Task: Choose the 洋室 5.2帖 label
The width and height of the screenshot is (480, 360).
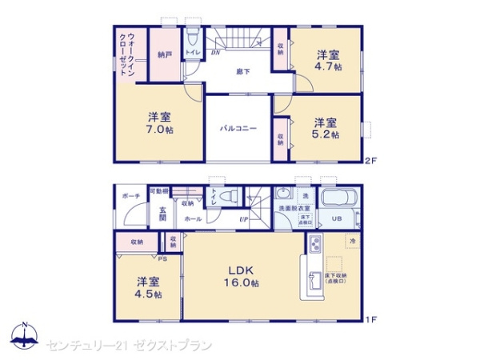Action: tap(326, 128)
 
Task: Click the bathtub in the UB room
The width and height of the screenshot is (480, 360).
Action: tap(340, 199)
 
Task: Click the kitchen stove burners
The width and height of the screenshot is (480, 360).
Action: tap(315, 243)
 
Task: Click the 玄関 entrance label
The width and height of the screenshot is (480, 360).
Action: tap(162, 213)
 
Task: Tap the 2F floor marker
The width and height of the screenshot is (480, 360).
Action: tap(369, 159)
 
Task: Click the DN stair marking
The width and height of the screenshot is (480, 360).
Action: tap(216, 54)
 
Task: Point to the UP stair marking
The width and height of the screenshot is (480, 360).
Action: tap(244, 222)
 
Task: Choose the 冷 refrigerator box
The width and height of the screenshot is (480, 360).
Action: tap(352, 240)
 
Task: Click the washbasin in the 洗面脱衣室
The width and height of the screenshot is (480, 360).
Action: tap(283, 194)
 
